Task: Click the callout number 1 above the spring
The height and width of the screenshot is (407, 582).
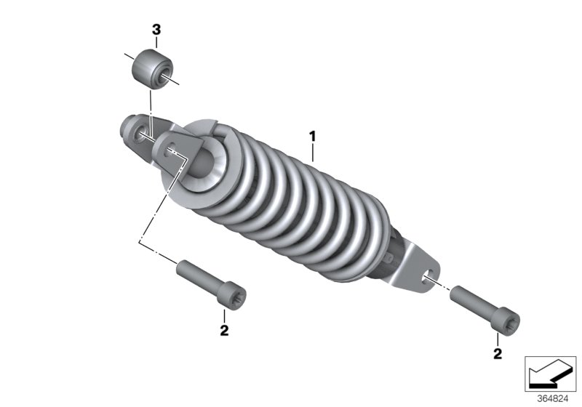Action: click(x=312, y=135)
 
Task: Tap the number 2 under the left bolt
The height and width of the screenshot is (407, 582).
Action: click(x=224, y=331)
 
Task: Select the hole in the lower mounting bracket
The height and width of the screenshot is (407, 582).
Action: click(x=427, y=274)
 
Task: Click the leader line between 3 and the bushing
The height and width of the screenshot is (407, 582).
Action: click(x=156, y=42)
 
